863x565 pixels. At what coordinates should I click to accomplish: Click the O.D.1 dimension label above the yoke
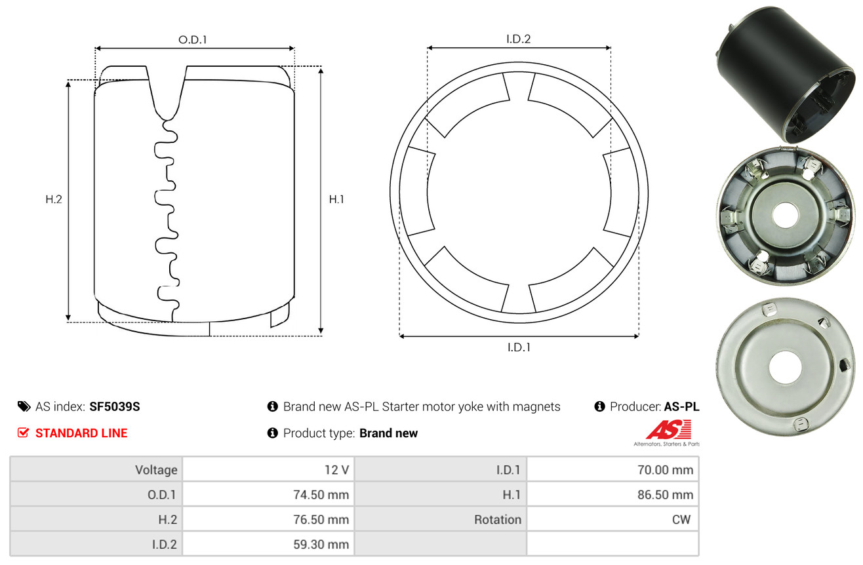coord(193,40)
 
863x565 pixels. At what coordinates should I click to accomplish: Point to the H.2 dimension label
coord(54,199)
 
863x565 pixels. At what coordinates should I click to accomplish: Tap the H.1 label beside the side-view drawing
coord(336,199)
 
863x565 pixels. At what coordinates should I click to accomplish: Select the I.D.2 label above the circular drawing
coord(518,39)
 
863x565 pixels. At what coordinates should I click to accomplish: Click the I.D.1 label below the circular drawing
coord(519,347)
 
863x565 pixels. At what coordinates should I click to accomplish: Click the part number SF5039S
coord(114,406)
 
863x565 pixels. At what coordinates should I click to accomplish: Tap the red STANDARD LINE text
coord(81,433)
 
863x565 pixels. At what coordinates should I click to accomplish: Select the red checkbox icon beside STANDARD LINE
coord(23,433)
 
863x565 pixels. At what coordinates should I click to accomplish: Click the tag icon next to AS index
coord(24,406)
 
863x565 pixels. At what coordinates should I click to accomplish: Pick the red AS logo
coord(668,429)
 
